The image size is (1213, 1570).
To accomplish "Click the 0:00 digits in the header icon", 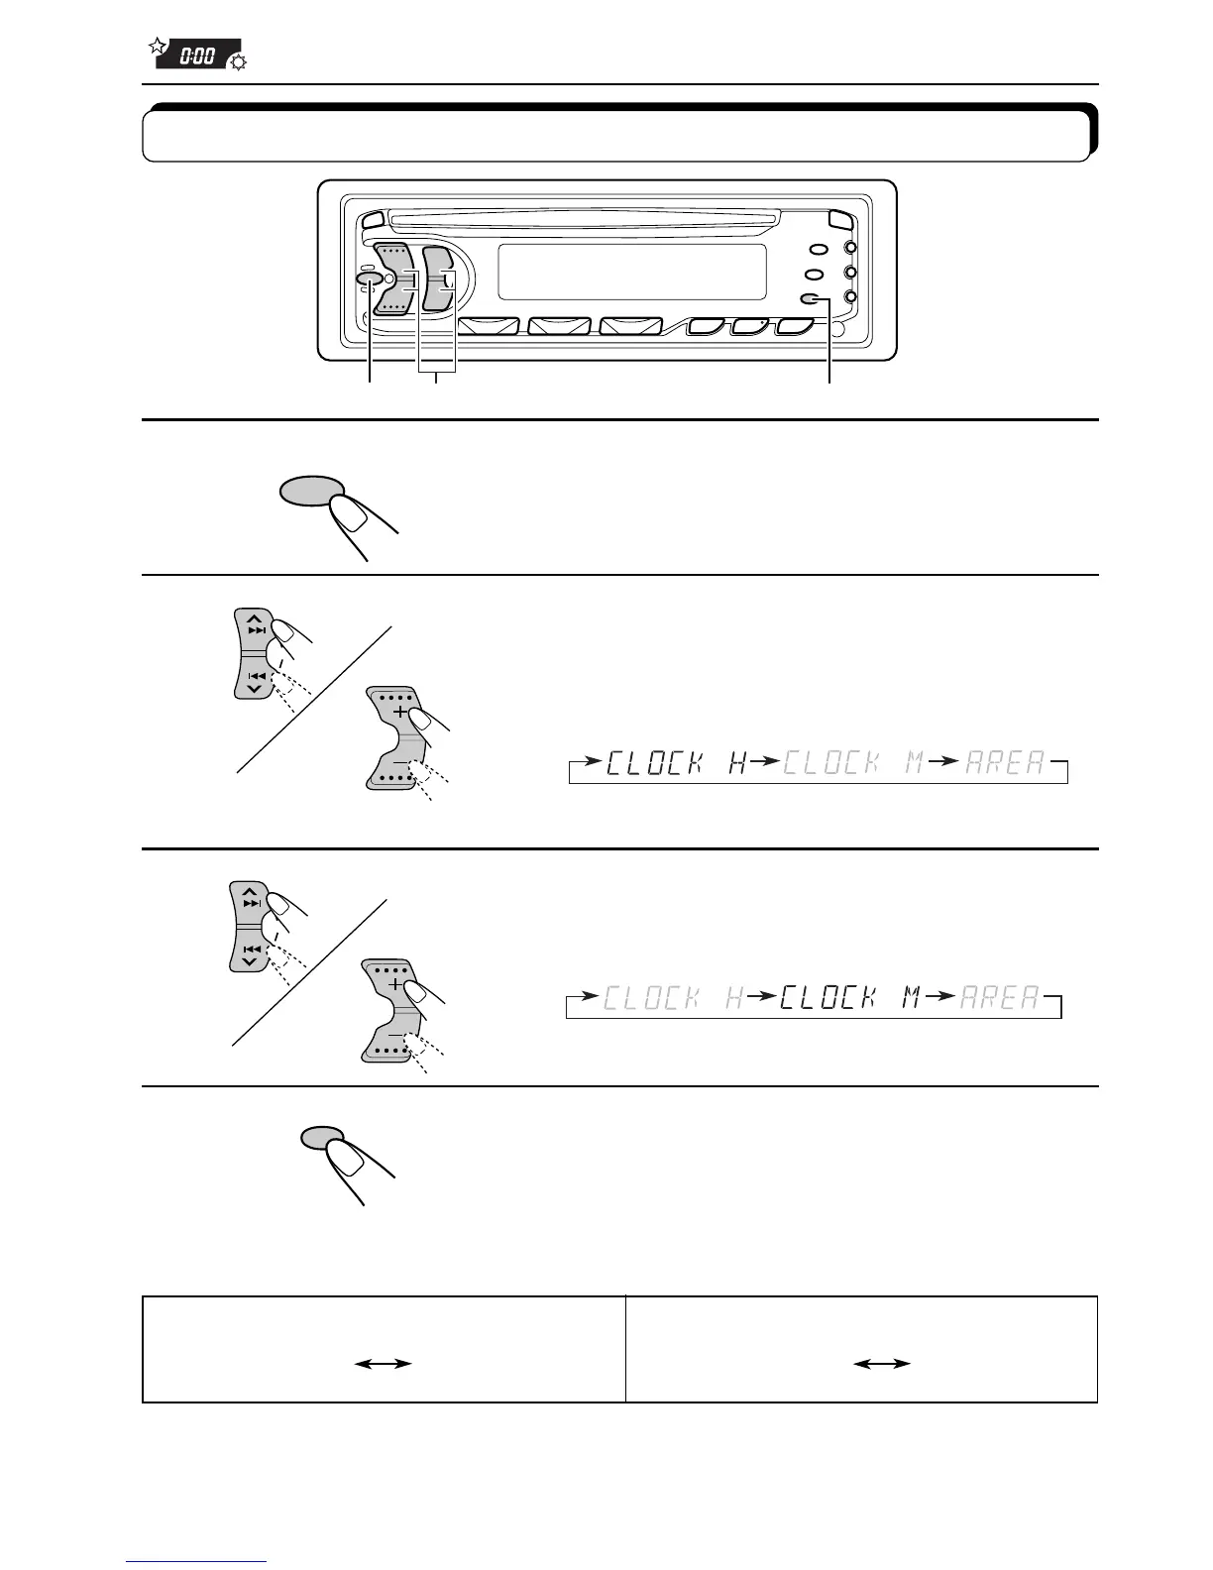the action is coord(196,56).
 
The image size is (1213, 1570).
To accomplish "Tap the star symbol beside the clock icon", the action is coord(156,46).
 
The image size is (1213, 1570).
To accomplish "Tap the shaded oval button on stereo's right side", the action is coord(811,299).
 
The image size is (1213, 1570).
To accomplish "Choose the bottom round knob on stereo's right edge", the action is coord(850,296).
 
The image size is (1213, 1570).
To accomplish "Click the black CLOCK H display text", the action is coord(676,764).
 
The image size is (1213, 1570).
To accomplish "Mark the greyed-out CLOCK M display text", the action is coord(845,764).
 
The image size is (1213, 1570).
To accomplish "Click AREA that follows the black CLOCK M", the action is coord(999,997).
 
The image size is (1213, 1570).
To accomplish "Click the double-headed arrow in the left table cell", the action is coord(384,1364).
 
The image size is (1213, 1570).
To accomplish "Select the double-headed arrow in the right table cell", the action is coord(882,1364).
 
